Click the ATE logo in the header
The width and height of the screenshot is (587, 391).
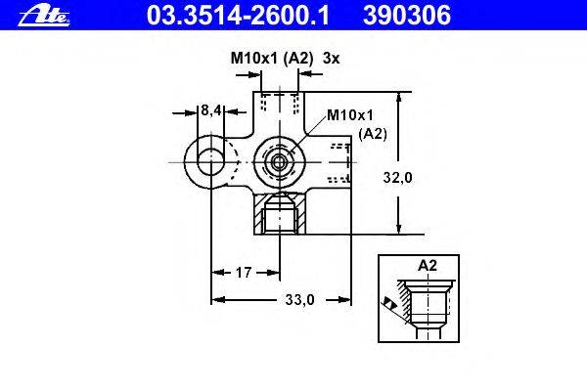(44, 16)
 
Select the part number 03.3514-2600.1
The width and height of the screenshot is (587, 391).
(238, 16)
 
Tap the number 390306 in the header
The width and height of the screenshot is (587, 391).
(407, 16)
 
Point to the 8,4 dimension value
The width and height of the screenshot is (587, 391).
(210, 110)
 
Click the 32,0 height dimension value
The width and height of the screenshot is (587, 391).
(397, 177)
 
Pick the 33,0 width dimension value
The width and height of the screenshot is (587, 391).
(300, 299)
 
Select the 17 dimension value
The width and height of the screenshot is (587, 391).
(244, 273)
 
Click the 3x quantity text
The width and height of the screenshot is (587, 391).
(331, 59)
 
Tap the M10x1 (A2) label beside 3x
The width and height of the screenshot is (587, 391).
(271, 59)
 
